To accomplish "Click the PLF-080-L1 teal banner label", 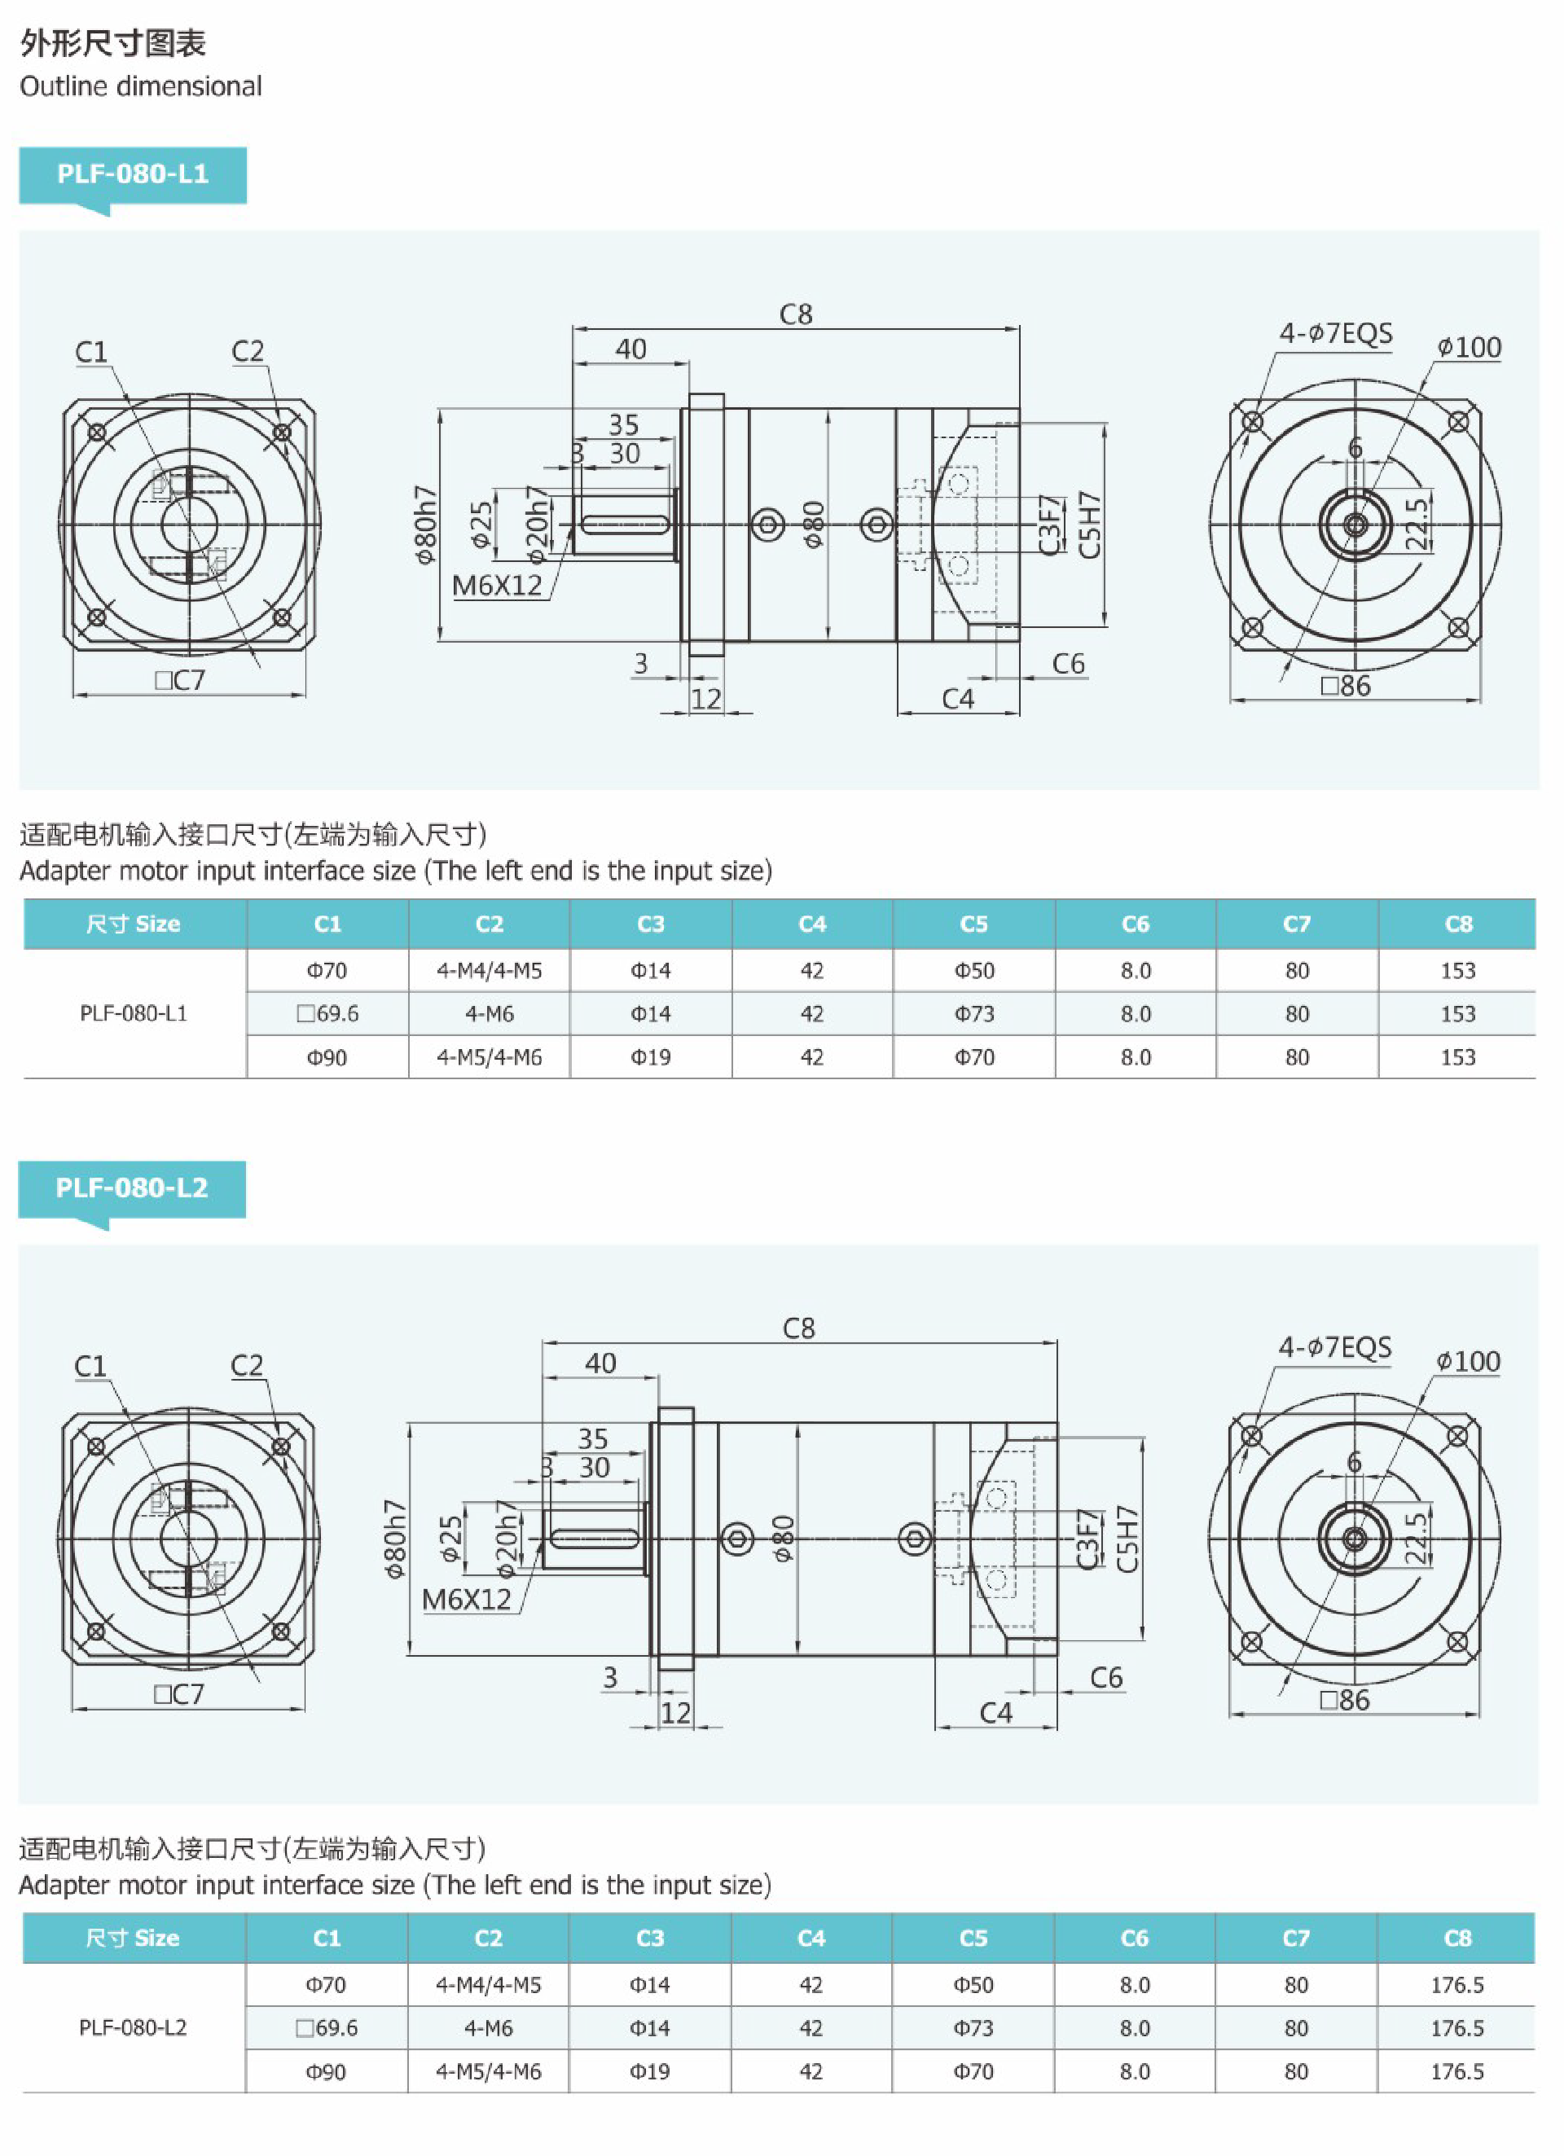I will pos(132,174).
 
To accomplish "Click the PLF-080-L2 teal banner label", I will pos(131,1188).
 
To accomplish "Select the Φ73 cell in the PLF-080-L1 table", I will pos(973,1013).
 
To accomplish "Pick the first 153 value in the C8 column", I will pos(1457,971).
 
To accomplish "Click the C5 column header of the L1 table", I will pos(973,924).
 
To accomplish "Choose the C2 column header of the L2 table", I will pos(488,1938).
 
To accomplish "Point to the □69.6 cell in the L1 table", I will pos(327,1013).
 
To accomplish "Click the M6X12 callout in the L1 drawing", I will pos(496,586).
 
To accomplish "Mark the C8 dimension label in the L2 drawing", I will pos(798,1328).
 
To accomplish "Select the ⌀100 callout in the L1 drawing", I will pos(1469,348).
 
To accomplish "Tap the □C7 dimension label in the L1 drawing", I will pos(180,681).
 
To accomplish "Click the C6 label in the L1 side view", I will pos(1069,664).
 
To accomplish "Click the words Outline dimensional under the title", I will pos(141,86).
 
